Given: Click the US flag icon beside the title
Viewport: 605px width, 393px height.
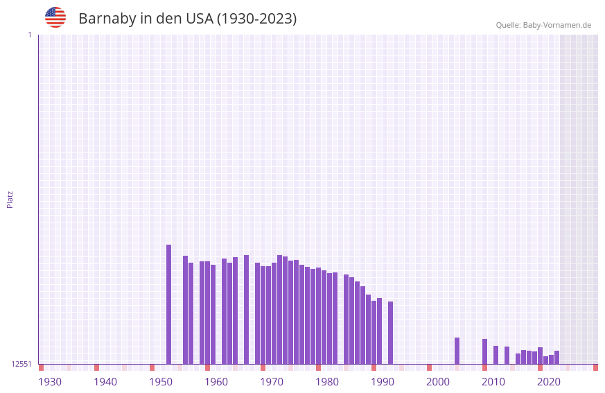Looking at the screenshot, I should click(55, 17).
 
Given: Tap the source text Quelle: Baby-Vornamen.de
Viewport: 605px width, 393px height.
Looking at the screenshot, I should click(543, 25).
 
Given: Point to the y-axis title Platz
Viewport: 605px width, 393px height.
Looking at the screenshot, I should click(10, 199).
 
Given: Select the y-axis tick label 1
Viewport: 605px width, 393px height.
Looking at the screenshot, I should click(29, 35).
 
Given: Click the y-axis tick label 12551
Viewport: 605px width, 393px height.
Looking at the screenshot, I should click(21, 364).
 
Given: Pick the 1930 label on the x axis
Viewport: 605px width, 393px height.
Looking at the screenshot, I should click(50, 382).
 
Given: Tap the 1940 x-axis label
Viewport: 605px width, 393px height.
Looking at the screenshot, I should click(105, 382).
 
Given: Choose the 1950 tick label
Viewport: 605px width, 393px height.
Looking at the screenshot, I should click(161, 382).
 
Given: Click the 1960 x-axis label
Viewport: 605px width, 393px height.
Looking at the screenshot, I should click(216, 382).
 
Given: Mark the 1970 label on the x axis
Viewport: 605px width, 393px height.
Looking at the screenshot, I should click(272, 382).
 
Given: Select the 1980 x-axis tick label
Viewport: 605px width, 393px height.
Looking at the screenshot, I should click(327, 382).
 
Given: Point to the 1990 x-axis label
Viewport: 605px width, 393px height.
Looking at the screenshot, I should click(383, 382).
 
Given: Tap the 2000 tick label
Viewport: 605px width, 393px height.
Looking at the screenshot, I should click(438, 382).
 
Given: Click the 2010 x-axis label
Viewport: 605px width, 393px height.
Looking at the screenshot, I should click(493, 382).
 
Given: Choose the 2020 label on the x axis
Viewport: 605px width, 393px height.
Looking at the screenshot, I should click(549, 382).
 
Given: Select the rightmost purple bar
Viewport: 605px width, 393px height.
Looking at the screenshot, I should click(556, 357).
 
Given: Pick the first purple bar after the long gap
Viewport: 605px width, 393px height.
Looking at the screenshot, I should click(457, 351).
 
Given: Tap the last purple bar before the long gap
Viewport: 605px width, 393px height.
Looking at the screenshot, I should click(390, 333).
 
